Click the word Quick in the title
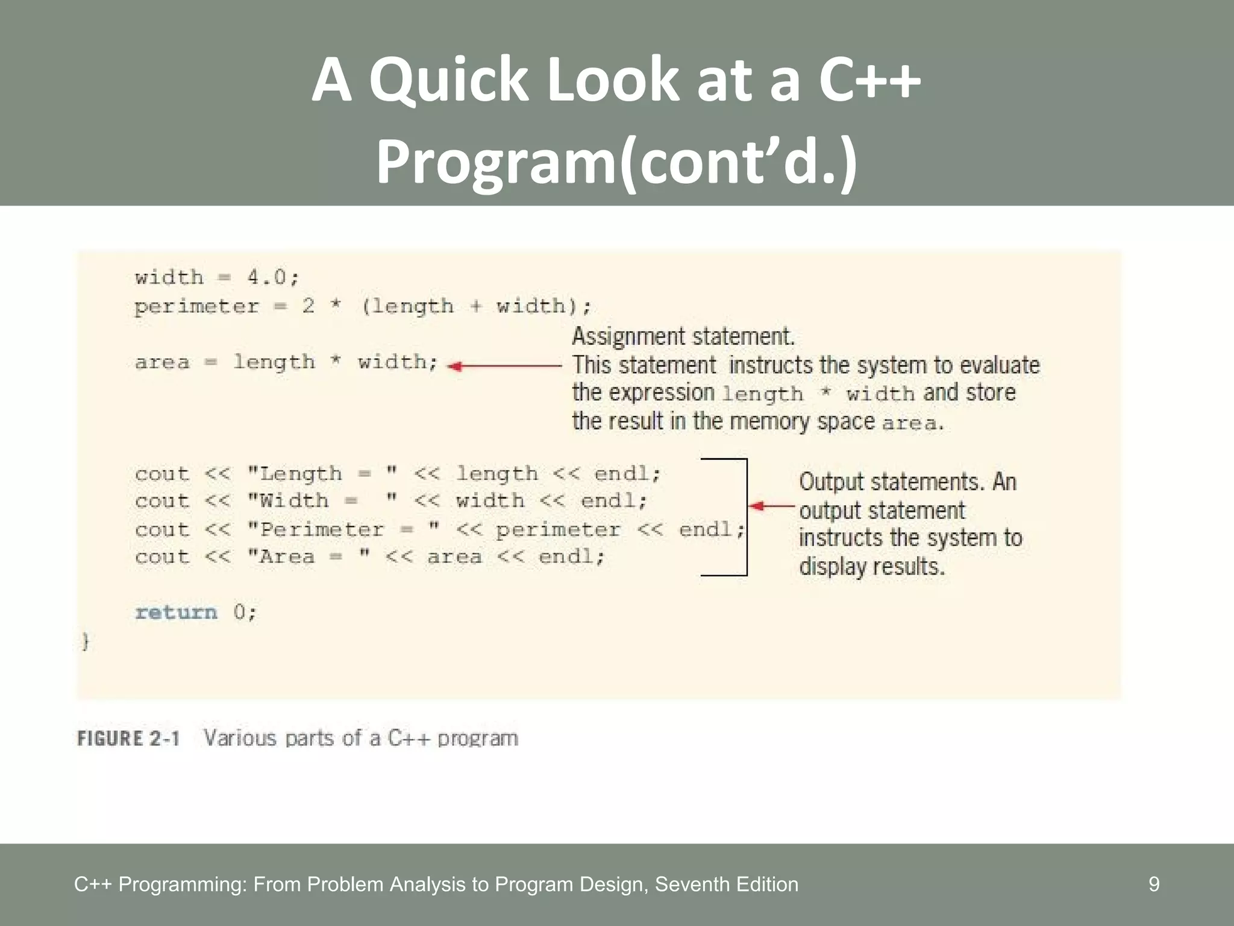tap(448, 80)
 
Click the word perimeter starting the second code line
tap(196, 307)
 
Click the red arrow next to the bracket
tap(771, 506)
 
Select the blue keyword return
tap(176, 613)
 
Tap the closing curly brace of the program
tap(86, 641)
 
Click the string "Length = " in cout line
tap(323, 474)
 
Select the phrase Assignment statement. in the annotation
tap(683, 336)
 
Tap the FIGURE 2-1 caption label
tap(128, 739)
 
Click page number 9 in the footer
tap(1153, 884)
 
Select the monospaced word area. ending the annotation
tap(912, 423)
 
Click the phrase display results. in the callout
tap(871, 567)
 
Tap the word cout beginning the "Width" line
tap(161, 502)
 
